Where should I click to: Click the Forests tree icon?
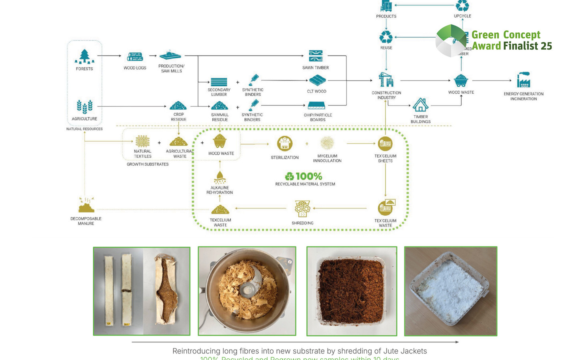tap(84, 57)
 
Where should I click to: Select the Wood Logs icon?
tap(135, 57)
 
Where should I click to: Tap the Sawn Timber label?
tap(315, 68)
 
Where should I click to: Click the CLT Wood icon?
tap(317, 80)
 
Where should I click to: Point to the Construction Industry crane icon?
tap(386, 80)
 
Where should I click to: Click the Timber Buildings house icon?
tap(420, 105)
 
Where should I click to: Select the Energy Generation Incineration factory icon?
tap(523, 80)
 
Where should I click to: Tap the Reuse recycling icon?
tap(386, 37)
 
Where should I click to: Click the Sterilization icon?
tap(284, 144)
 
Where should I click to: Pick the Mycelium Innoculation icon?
tap(327, 143)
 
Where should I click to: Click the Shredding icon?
tap(302, 208)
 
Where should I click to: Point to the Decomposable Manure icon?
tap(86, 205)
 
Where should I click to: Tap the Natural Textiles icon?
tap(142, 141)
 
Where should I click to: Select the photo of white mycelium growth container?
tap(450, 291)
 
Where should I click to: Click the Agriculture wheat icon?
tap(84, 106)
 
